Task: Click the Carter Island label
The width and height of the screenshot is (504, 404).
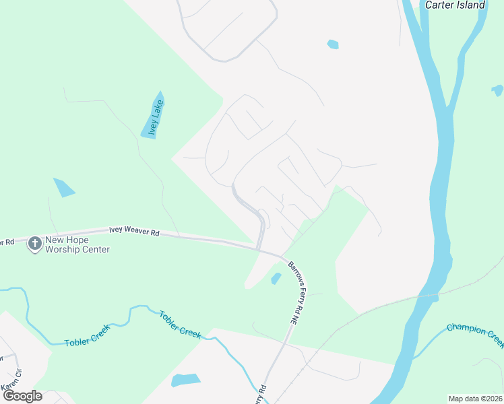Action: (x=455, y=5)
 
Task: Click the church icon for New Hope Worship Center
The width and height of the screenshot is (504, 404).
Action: (x=34, y=244)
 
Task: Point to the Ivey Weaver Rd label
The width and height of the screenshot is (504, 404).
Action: (x=135, y=232)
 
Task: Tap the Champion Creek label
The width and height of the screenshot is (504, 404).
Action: (x=476, y=334)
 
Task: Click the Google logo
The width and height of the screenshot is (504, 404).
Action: (x=22, y=396)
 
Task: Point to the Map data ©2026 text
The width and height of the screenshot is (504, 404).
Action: (x=475, y=399)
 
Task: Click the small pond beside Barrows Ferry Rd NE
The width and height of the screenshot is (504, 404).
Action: (x=275, y=278)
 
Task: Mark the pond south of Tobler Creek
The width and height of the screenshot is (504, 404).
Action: (x=186, y=380)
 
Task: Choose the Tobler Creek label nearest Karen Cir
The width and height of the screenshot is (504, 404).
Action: (x=86, y=342)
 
